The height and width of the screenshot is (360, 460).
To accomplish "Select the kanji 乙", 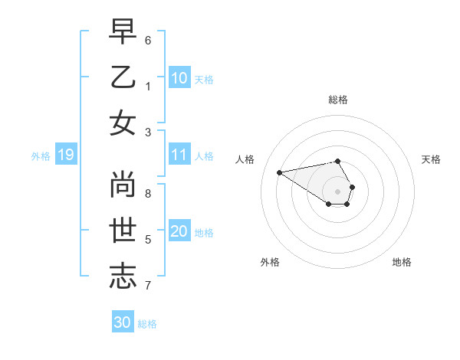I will [123, 77].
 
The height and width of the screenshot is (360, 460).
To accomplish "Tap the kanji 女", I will [123, 123].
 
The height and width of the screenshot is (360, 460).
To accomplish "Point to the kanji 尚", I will [123, 185].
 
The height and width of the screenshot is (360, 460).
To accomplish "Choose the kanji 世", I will [123, 231].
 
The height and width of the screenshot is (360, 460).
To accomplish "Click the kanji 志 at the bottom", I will [123, 277].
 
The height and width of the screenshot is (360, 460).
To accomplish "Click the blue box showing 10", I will [179, 78].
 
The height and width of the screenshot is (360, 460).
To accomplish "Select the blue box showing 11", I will [179, 155].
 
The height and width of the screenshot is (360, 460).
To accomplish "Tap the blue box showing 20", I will [179, 232].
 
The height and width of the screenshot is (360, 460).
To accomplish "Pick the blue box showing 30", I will [123, 322].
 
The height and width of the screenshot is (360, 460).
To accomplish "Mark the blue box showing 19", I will [65, 155].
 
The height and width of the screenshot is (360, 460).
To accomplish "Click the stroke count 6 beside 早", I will [148, 39].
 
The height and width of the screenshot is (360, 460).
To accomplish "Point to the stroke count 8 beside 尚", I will [148, 193].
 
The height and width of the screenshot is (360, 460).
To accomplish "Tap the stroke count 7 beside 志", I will [148, 286].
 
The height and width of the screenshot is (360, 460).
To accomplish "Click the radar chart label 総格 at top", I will [338, 100].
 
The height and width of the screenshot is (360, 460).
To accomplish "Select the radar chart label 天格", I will [431, 159].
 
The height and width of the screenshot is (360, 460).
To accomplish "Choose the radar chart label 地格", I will [402, 262].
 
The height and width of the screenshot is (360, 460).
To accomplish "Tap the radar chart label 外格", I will [270, 262].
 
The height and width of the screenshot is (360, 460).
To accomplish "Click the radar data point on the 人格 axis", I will [279, 172].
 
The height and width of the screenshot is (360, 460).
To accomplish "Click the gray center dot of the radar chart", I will [337, 191].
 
